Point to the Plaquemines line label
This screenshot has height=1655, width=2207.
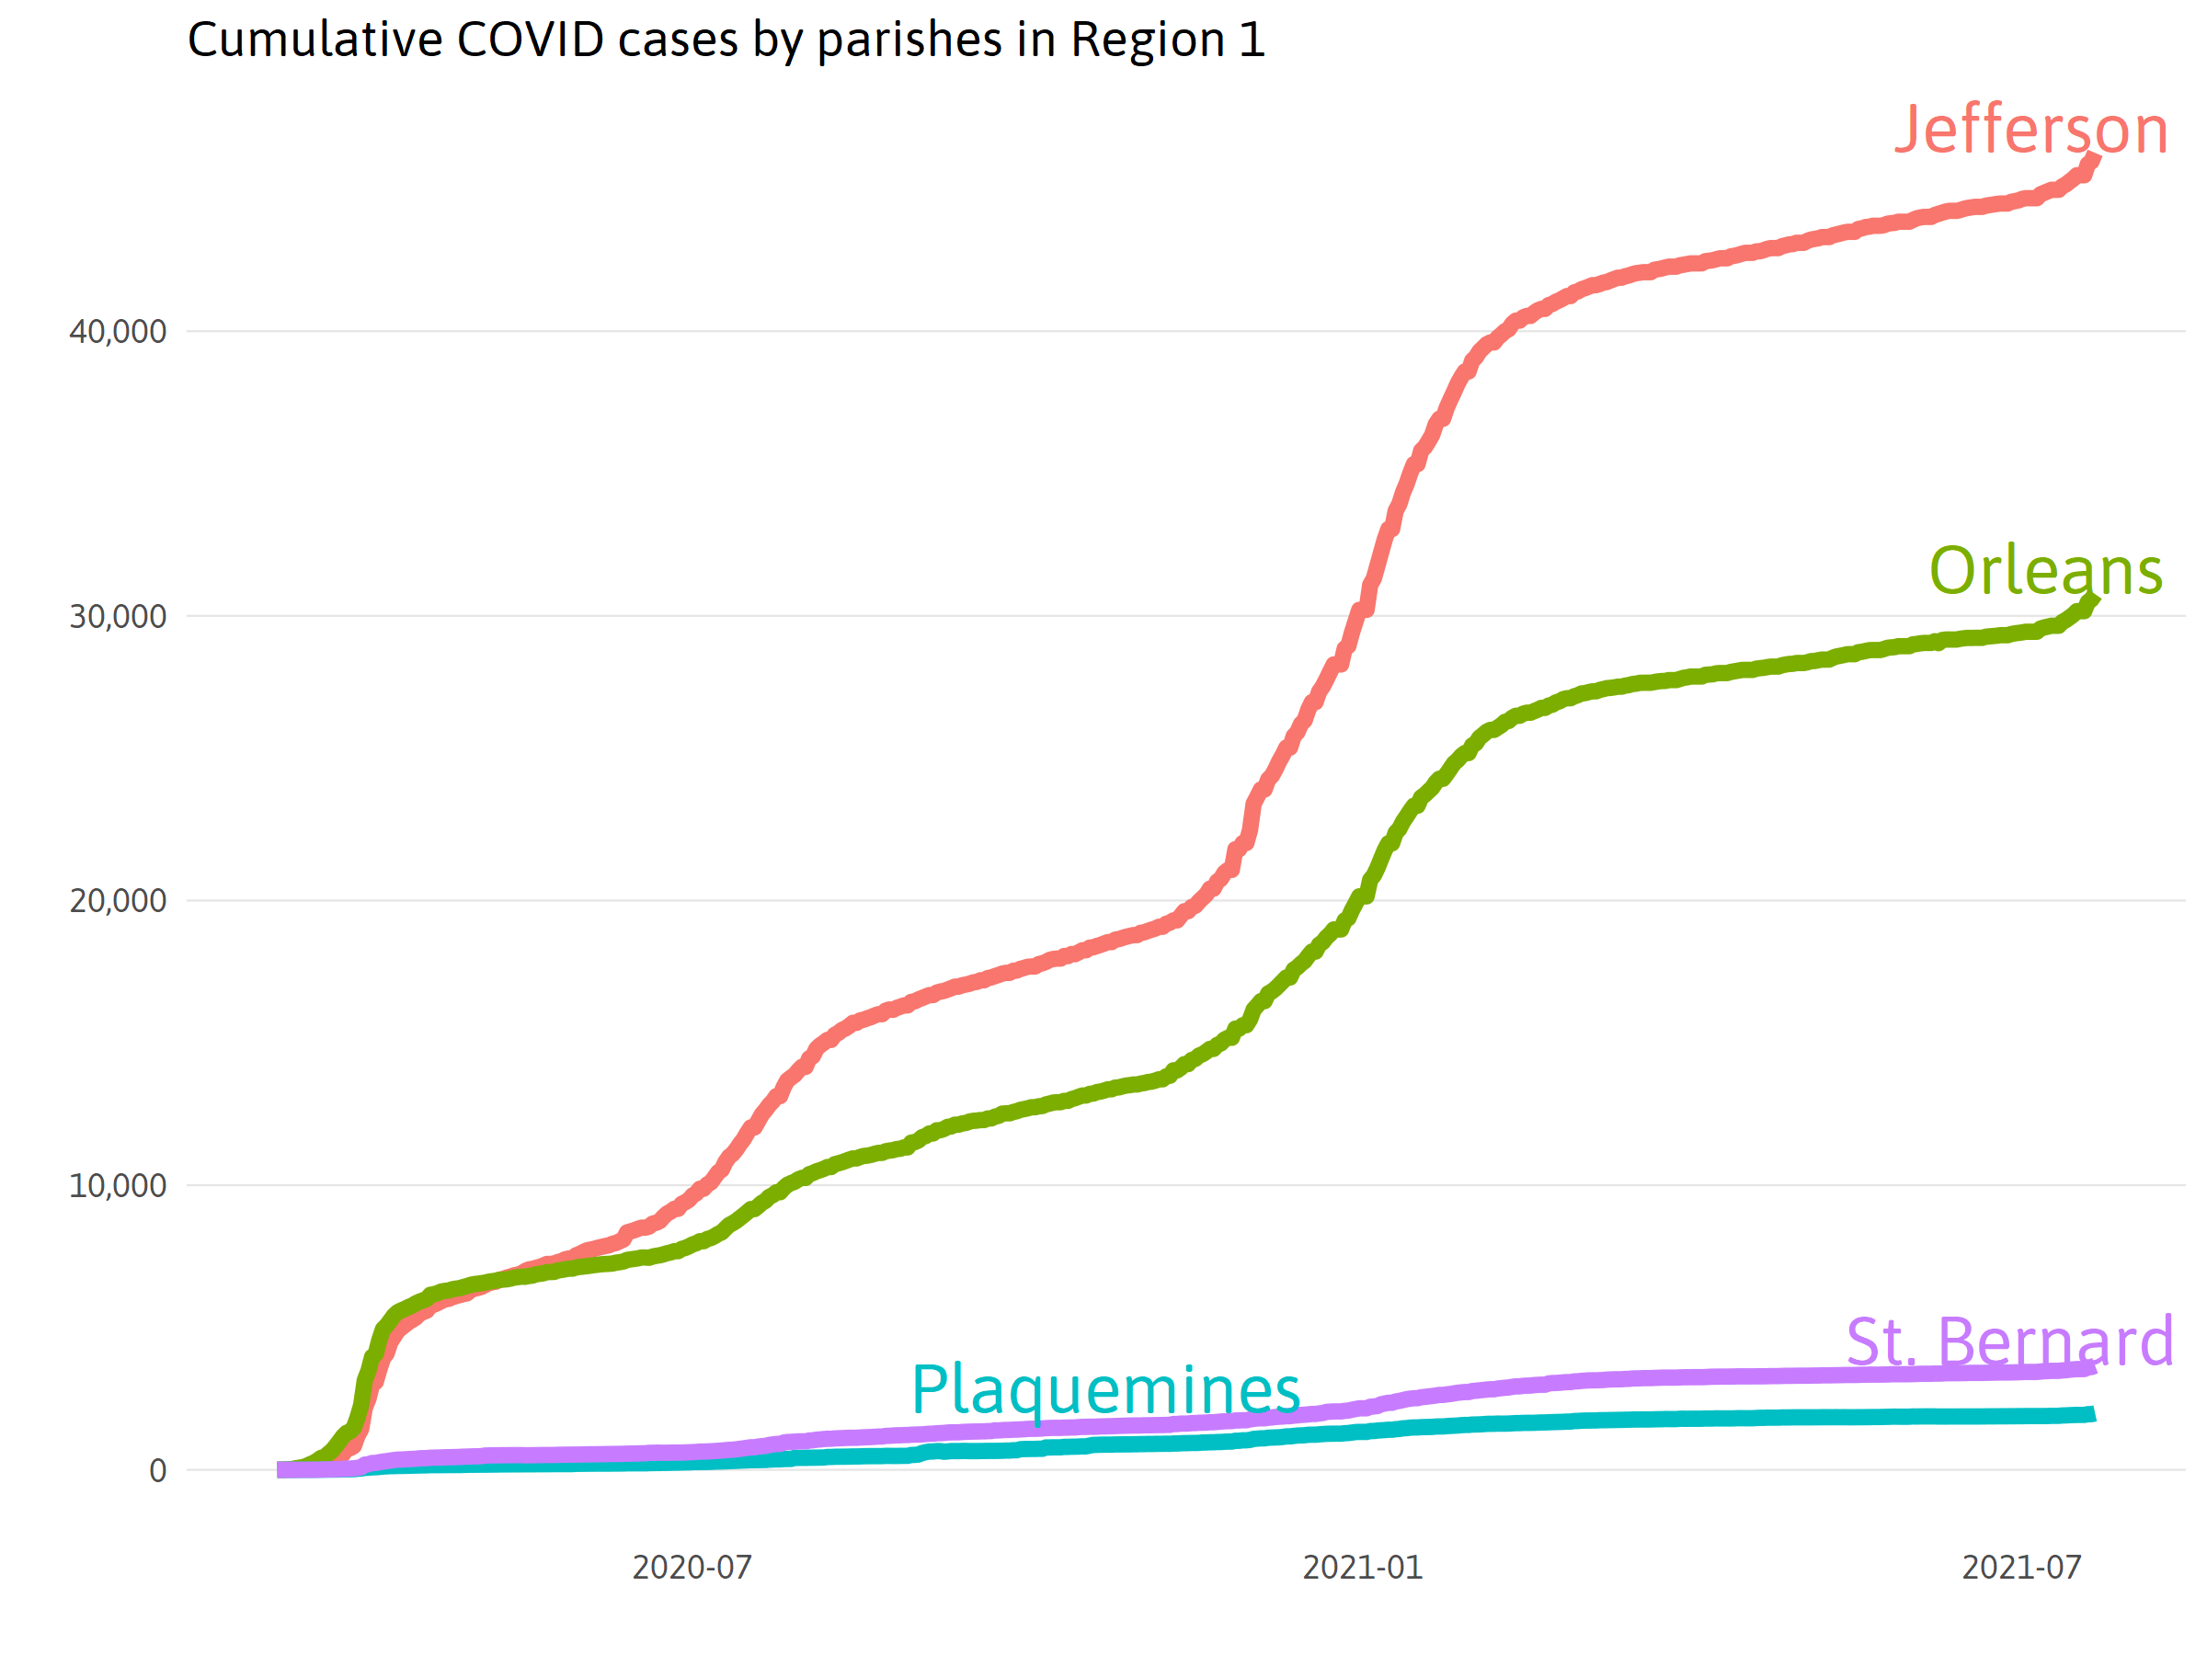pyautogui.click(x=1105, y=1389)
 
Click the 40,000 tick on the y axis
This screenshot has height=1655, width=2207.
pyautogui.click(x=118, y=331)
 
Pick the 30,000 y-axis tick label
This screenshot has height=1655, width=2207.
pyautogui.click(x=118, y=617)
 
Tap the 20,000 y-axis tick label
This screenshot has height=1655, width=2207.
pyautogui.click(x=118, y=901)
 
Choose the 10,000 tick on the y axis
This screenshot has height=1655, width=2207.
pyautogui.click(x=118, y=1185)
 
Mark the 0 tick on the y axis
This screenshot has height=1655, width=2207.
pyautogui.click(x=157, y=1470)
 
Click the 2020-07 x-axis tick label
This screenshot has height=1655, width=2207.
pyautogui.click(x=692, y=1568)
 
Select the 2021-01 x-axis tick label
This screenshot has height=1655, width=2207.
pyautogui.click(x=1362, y=1568)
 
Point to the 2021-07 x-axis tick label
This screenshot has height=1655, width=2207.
pyautogui.click(x=2021, y=1568)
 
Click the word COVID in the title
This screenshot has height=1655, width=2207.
pyautogui.click(x=530, y=40)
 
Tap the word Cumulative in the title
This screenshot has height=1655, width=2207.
pyautogui.click(x=315, y=40)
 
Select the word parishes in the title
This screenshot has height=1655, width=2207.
pyautogui.click(x=909, y=40)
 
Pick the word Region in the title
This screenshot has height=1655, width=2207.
pyautogui.click(x=1147, y=40)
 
